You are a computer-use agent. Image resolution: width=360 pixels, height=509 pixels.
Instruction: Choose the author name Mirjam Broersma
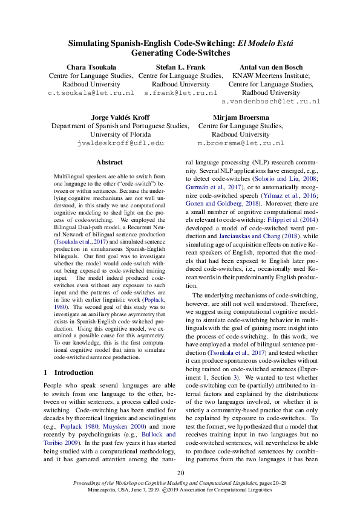tap(241, 117)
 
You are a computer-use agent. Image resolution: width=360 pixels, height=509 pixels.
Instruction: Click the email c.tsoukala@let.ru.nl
tap(91, 94)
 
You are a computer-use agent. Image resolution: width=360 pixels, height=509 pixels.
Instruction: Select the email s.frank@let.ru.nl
tap(180, 94)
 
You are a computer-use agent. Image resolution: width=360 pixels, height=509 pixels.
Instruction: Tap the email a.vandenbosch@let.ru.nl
tap(270, 102)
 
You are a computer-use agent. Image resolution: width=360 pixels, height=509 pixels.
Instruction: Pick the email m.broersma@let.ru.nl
tap(241, 143)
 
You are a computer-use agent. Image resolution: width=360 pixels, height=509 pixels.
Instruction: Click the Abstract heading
tap(110, 163)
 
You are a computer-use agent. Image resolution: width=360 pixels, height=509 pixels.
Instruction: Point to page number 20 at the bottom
tap(180, 473)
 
